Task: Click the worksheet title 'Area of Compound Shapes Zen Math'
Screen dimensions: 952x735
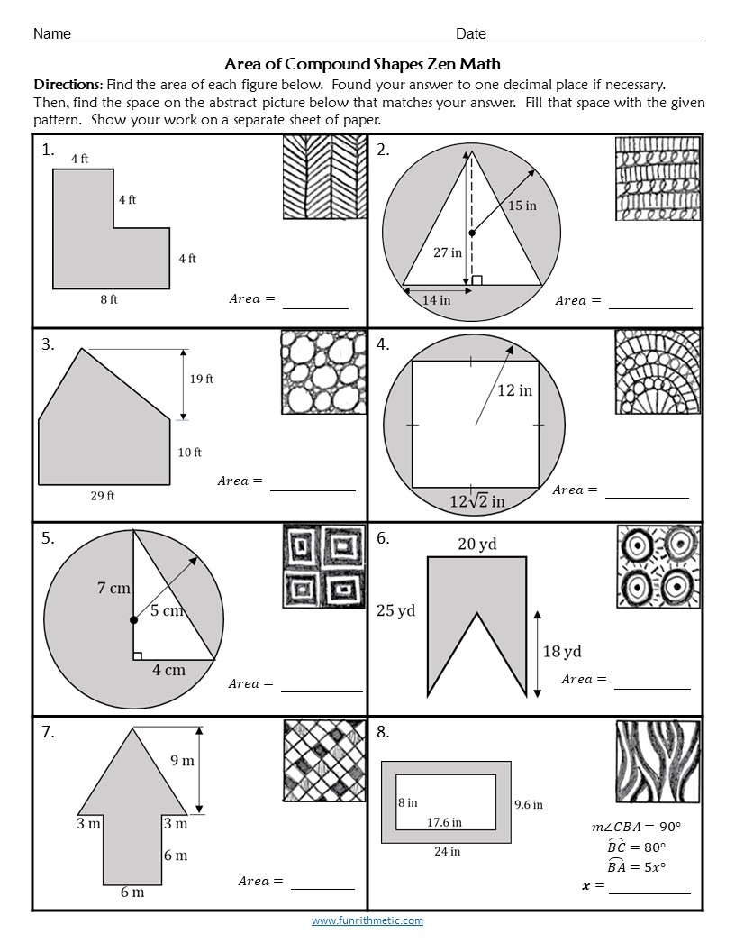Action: pos(362,64)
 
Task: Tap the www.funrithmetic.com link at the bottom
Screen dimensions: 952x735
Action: pos(367,920)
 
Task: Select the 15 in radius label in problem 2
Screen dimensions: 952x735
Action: pos(522,206)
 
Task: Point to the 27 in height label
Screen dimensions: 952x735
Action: pos(447,252)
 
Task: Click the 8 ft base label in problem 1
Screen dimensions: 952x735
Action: pos(108,300)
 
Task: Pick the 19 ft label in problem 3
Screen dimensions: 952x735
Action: pos(201,380)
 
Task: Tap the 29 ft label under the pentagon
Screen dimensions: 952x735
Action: pos(104,495)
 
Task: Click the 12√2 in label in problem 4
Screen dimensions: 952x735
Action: pos(477,499)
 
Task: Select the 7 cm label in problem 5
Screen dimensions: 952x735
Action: pos(114,589)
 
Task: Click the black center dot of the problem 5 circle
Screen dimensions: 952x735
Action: pos(133,620)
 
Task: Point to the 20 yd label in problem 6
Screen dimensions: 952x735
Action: pos(476,544)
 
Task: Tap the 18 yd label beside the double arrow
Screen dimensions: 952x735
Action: pos(561,651)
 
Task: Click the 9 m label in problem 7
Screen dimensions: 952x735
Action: pos(182,761)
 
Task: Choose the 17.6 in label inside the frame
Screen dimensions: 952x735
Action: pos(444,822)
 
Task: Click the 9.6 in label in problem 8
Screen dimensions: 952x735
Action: pos(528,804)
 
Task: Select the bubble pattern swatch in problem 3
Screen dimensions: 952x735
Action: pos(323,371)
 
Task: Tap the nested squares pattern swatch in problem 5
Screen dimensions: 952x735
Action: pos(323,565)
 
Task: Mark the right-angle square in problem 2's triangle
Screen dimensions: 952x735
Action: pos(476,280)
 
